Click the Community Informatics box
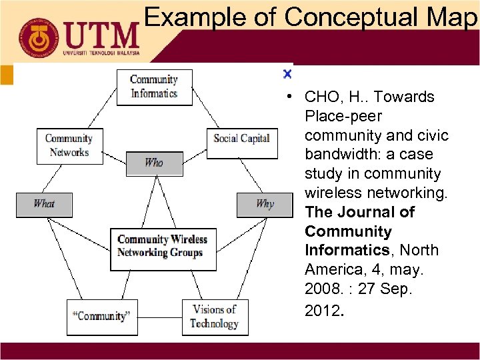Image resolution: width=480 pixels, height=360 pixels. click(x=154, y=87)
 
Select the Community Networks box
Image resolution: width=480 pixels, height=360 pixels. click(x=69, y=146)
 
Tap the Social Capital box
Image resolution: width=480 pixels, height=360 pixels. click(x=241, y=139)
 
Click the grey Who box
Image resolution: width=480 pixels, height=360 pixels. click(x=154, y=163)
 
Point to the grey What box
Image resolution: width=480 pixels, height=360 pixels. click(x=44, y=204)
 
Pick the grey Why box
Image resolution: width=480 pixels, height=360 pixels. click(x=264, y=204)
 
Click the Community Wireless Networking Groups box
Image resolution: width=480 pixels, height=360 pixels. click(x=163, y=246)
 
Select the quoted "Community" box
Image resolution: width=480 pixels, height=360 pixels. click(x=102, y=317)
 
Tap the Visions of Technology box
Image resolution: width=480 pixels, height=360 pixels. click(x=214, y=317)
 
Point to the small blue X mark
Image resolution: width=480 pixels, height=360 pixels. click(x=287, y=73)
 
